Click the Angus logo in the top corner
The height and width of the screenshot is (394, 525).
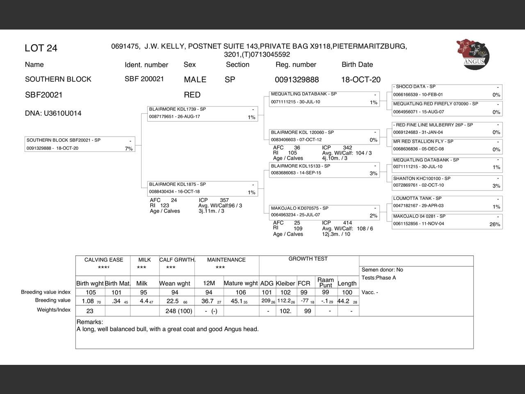473,54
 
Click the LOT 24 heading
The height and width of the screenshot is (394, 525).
41,48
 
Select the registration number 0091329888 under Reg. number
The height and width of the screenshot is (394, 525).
297,80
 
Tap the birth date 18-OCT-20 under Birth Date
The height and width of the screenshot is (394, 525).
361,80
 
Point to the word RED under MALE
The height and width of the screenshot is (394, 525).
192,95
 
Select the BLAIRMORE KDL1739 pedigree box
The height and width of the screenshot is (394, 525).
203,114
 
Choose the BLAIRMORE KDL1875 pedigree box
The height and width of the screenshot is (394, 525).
203,189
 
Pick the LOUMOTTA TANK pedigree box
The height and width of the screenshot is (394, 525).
447,202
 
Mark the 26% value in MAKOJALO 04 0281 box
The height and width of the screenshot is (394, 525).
495,224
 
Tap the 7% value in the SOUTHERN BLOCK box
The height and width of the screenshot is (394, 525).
129,149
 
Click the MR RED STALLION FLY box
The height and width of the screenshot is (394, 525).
447,146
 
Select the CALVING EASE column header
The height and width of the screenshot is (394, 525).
104,260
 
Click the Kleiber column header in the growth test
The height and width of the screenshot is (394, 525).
285,283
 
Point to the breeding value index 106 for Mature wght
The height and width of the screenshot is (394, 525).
241,293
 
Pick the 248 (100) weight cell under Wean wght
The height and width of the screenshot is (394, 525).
179,311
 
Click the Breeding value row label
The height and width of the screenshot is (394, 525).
53,300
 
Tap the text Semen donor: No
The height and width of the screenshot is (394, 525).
382,270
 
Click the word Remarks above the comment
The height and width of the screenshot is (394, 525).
89,322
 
